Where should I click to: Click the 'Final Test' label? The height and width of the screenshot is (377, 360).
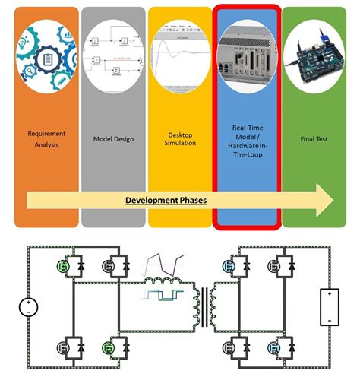313,139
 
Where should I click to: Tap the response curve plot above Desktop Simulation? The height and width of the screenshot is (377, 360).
179,58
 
